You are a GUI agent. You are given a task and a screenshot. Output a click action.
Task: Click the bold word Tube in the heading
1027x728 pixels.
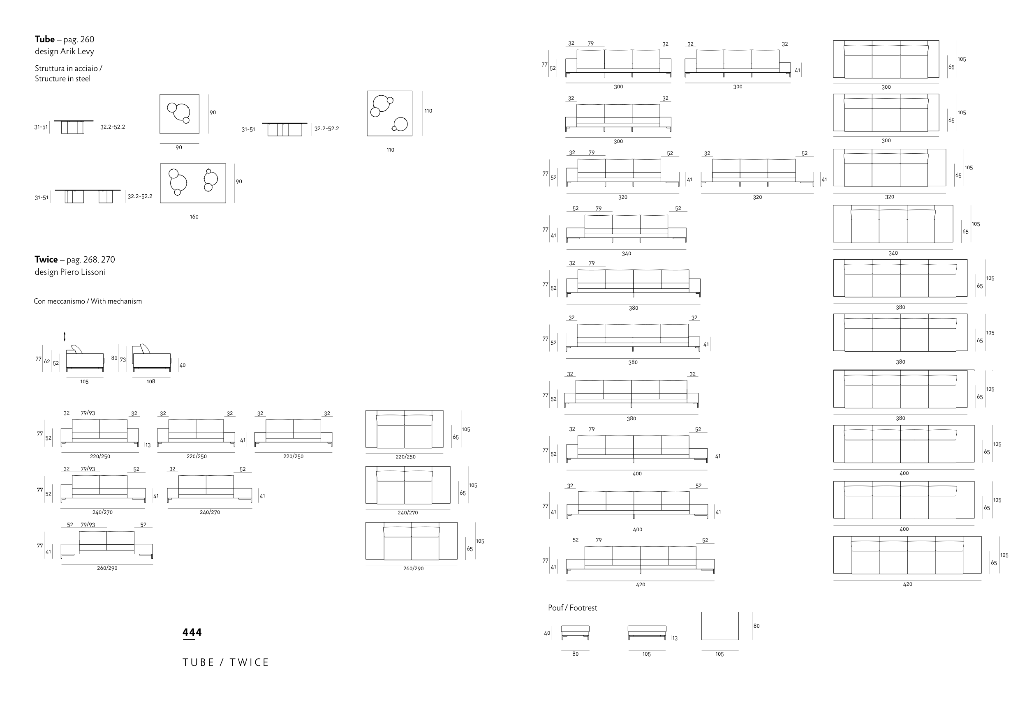point(45,39)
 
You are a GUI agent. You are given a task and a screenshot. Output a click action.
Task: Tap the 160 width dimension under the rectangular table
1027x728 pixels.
point(194,217)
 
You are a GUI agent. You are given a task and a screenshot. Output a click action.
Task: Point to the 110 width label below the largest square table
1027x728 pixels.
point(390,150)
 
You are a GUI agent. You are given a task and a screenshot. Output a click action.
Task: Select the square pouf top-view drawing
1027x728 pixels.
point(720,626)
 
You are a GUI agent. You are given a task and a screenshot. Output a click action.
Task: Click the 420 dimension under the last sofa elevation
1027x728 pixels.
point(641,585)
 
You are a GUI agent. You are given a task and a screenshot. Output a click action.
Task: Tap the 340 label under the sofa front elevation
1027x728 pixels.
point(626,254)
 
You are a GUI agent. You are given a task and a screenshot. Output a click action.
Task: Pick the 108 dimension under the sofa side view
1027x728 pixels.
point(151,382)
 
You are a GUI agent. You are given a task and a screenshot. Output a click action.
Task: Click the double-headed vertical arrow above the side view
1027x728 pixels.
point(65,336)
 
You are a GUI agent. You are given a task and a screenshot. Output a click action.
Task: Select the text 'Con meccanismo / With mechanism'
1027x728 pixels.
point(88,301)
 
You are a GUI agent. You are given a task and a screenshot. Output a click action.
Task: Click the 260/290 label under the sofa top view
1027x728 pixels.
point(413,569)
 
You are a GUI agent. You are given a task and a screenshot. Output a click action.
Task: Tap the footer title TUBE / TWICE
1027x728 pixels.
point(226,662)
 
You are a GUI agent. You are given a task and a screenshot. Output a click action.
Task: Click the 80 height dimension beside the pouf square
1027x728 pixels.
point(756,626)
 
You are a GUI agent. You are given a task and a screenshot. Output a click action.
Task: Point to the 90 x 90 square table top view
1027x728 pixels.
point(179,114)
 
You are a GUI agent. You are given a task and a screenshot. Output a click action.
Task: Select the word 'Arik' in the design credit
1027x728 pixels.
point(69,51)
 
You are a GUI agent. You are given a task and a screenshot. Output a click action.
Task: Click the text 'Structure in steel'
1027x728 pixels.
point(63,79)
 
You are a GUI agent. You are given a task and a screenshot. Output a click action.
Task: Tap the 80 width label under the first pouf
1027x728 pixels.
point(576,654)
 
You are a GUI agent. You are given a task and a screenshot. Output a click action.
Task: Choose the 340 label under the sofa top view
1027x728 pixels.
point(893,253)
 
